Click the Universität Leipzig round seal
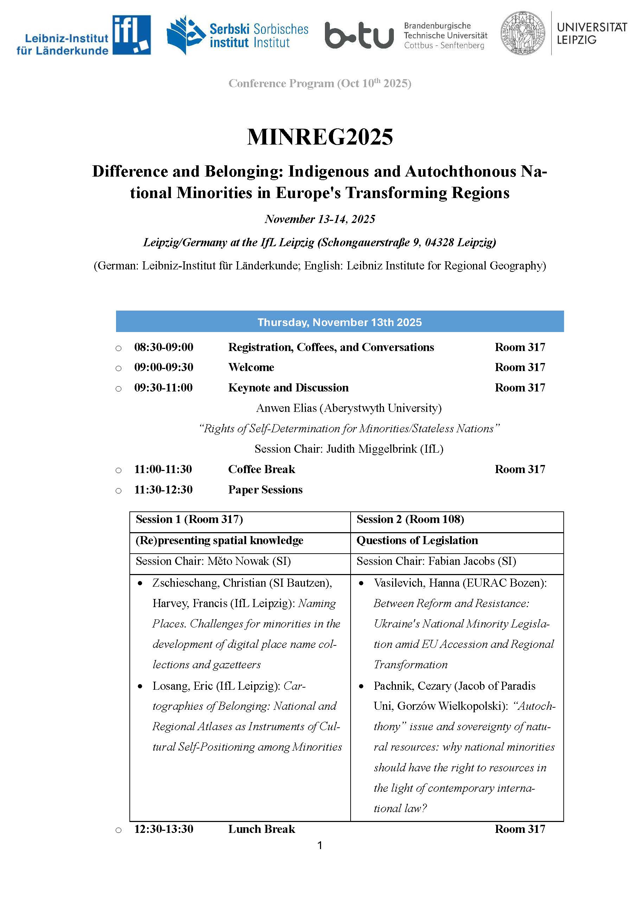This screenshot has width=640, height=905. pos(523,33)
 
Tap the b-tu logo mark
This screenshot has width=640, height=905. pos(359,36)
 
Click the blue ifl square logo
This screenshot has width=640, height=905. pos(131,35)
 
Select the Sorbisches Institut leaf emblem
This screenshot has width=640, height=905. pos(185,35)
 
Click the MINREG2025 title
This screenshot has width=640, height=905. pos(320,137)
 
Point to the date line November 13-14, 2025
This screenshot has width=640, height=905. pos(320,219)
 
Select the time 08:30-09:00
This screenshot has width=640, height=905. pos(164,347)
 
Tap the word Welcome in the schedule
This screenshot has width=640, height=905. pos(251,367)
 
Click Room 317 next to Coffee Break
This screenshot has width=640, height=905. pos(520,469)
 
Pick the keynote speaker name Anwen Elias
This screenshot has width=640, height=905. pos(286,408)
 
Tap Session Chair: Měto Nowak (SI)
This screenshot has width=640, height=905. pos(213,561)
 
